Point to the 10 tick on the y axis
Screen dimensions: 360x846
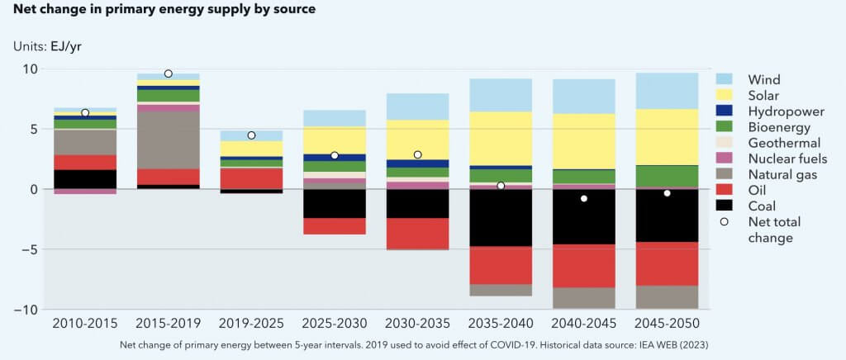[x=31, y=69]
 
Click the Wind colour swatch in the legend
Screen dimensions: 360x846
[x=726, y=80]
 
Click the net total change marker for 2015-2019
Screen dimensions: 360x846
[x=169, y=73]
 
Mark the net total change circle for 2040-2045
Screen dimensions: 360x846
[x=584, y=198]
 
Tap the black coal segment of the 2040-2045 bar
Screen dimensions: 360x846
[x=584, y=216]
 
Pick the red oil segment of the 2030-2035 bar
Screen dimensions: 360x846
[x=417, y=234]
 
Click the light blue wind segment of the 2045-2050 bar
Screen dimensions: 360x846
[x=667, y=91]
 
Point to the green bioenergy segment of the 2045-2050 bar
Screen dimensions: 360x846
[x=667, y=176]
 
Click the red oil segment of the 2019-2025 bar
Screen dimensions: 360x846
[x=251, y=178]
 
